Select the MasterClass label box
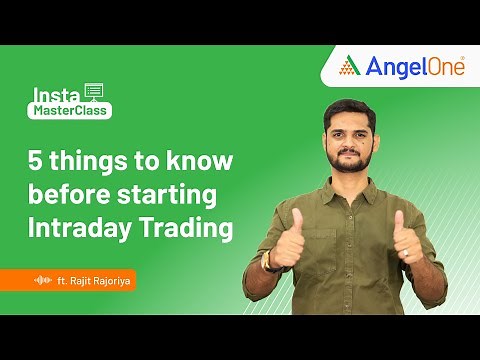(71, 111)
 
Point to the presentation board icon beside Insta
(95, 92)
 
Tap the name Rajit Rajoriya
(98, 280)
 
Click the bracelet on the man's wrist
(268, 262)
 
